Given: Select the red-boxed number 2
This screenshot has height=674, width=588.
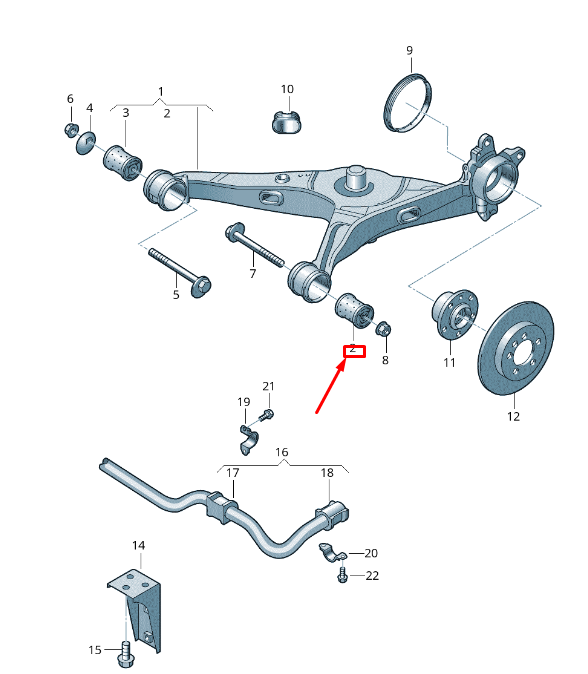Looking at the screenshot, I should [x=354, y=351].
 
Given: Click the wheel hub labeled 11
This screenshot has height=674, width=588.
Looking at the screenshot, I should [x=451, y=318].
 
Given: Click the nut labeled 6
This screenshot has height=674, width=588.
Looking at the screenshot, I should [x=70, y=129].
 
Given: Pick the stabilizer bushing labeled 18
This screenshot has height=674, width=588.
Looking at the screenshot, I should [x=330, y=513].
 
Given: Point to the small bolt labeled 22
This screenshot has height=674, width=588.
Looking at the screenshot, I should [x=343, y=575].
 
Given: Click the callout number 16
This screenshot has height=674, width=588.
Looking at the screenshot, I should [x=283, y=452].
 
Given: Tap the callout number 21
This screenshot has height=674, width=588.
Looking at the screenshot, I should [x=267, y=386].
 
